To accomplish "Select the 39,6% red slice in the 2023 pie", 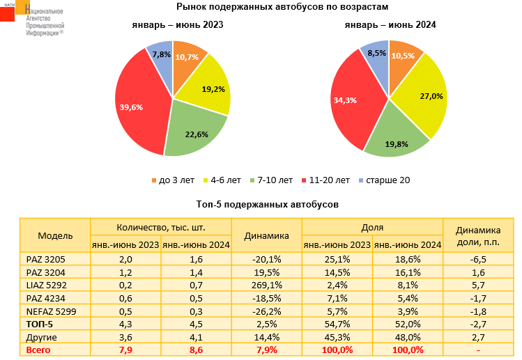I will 139,104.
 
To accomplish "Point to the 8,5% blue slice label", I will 377,54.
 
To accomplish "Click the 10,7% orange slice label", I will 185,56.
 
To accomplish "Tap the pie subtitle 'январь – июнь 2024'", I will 390,25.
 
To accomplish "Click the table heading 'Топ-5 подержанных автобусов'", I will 268,205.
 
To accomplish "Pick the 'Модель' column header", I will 55,235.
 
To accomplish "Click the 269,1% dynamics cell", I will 266,284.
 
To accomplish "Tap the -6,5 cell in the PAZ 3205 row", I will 477,259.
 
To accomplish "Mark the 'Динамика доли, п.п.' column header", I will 478,235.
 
